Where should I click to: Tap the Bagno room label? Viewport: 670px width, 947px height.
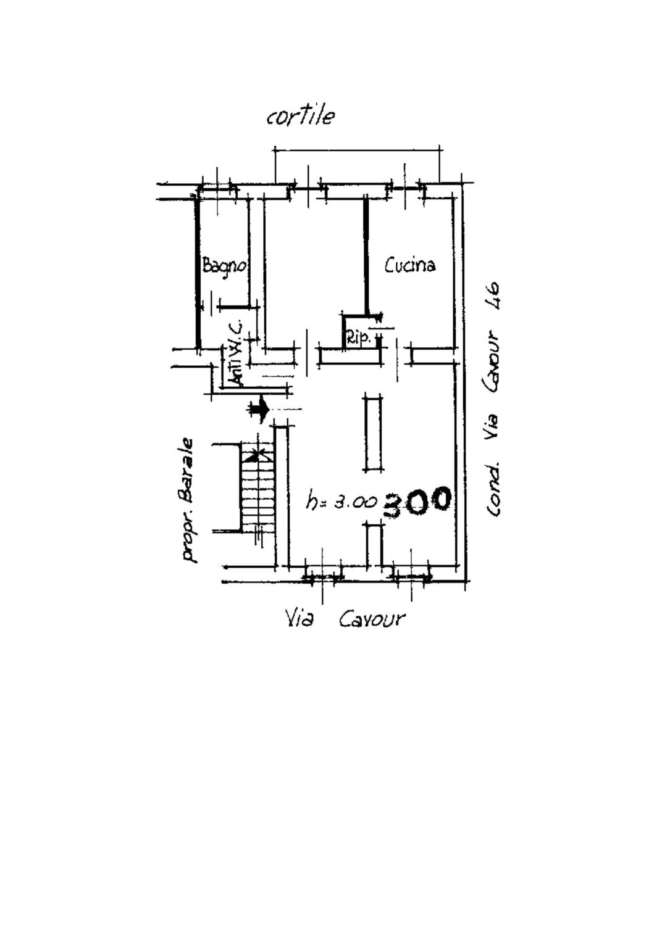point(224,266)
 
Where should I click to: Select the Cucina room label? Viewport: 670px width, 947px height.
point(409,265)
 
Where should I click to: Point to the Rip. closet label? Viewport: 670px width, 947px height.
point(359,339)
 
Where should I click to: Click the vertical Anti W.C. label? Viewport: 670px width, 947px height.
point(236,354)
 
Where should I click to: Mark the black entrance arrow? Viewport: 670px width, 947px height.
point(259,409)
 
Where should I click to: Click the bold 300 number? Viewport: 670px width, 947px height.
point(416,502)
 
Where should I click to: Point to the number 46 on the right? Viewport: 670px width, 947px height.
point(493,297)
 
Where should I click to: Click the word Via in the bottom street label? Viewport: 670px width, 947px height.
point(299,619)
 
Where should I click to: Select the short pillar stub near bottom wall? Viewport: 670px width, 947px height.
point(374,545)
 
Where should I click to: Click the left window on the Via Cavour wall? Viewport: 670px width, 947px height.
point(323,577)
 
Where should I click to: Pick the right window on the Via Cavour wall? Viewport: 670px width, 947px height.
point(411,577)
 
